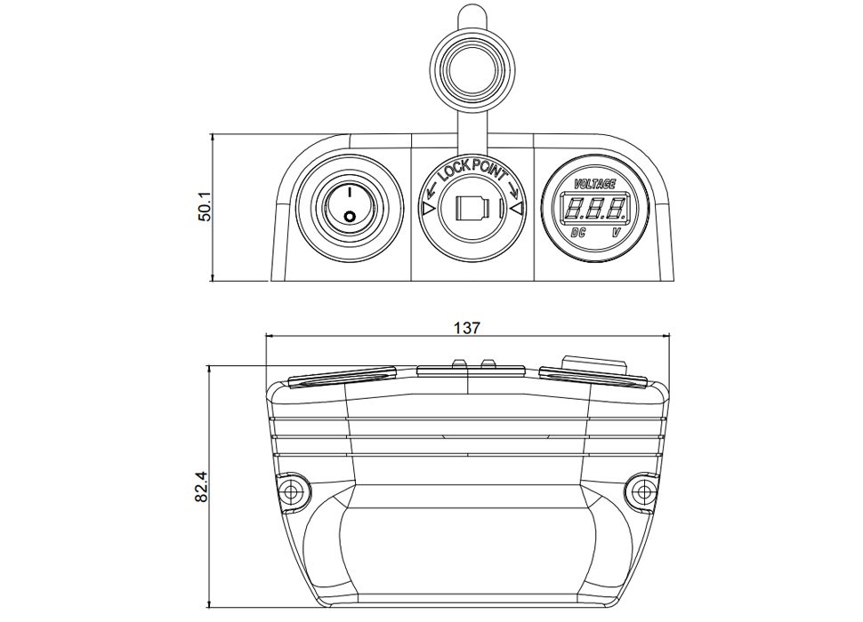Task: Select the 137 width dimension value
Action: point(467,328)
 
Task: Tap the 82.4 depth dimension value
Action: point(201,486)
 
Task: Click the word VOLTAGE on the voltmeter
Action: point(595,184)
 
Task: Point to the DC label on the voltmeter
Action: point(578,233)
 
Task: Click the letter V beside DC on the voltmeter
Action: point(617,233)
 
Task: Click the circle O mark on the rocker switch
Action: point(349,217)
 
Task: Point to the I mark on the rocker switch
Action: point(350,192)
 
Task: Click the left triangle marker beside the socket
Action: point(428,210)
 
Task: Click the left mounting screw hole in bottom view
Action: point(291,490)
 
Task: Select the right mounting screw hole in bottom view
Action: point(641,490)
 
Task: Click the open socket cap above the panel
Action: point(472,71)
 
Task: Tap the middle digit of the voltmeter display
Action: point(595,209)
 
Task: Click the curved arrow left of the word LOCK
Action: point(431,191)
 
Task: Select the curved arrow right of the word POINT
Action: point(514,190)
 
